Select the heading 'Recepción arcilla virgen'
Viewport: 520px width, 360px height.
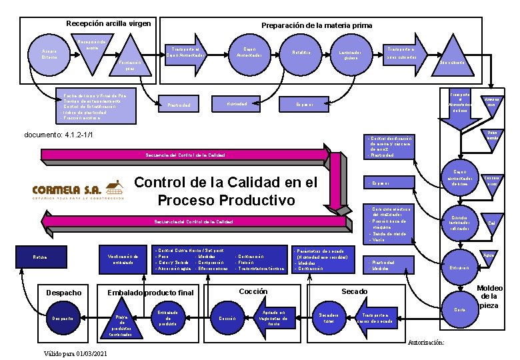(x=108, y=24)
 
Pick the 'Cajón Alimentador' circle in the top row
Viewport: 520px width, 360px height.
(x=249, y=53)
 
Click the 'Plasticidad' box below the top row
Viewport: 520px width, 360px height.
(x=179, y=105)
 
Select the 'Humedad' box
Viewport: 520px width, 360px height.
(x=237, y=104)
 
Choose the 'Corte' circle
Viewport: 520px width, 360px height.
(x=459, y=308)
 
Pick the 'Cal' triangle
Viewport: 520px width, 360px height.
(x=491, y=221)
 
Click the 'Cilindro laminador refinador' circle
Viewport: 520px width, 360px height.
(x=460, y=222)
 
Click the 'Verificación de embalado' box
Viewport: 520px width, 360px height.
(x=122, y=259)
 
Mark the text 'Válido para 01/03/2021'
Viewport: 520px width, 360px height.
(x=74, y=353)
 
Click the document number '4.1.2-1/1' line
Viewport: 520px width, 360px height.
(x=58, y=135)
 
